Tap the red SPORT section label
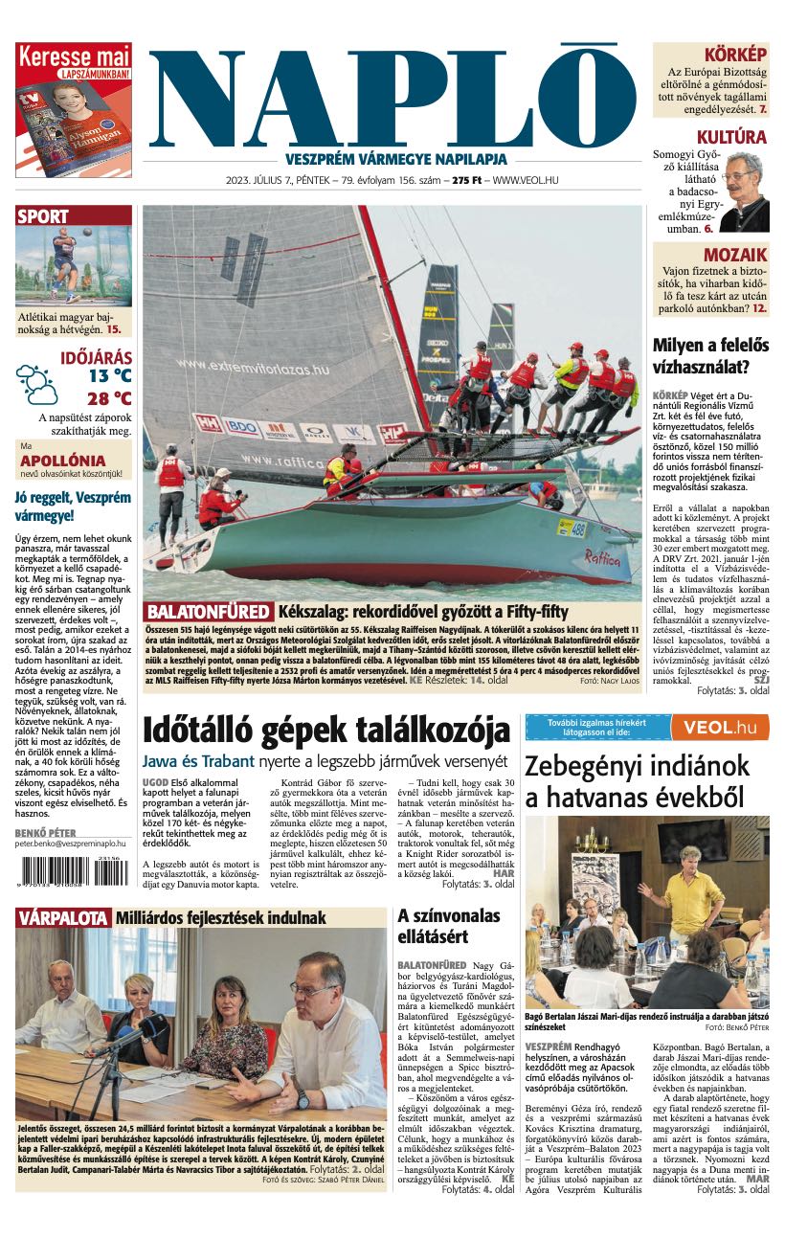pyautogui.click(x=43, y=216)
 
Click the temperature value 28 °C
pyautogui.click(x=109, y=398)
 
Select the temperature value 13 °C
pyautogui.click(x=109, y=376)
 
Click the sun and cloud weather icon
pyautogui.click(x=36, y=384)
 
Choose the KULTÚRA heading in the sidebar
pyautogui.click(x=731, y=137)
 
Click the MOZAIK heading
pyautogui.click(x=734, y=255)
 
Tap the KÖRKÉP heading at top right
pyautogui.click(x=735, y=54)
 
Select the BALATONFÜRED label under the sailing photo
pyautogui.click(x=208, y=612)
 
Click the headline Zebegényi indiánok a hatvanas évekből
pyautogui.click(x=637, y=781)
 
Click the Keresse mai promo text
pyautogui.click(x=74, y=55)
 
